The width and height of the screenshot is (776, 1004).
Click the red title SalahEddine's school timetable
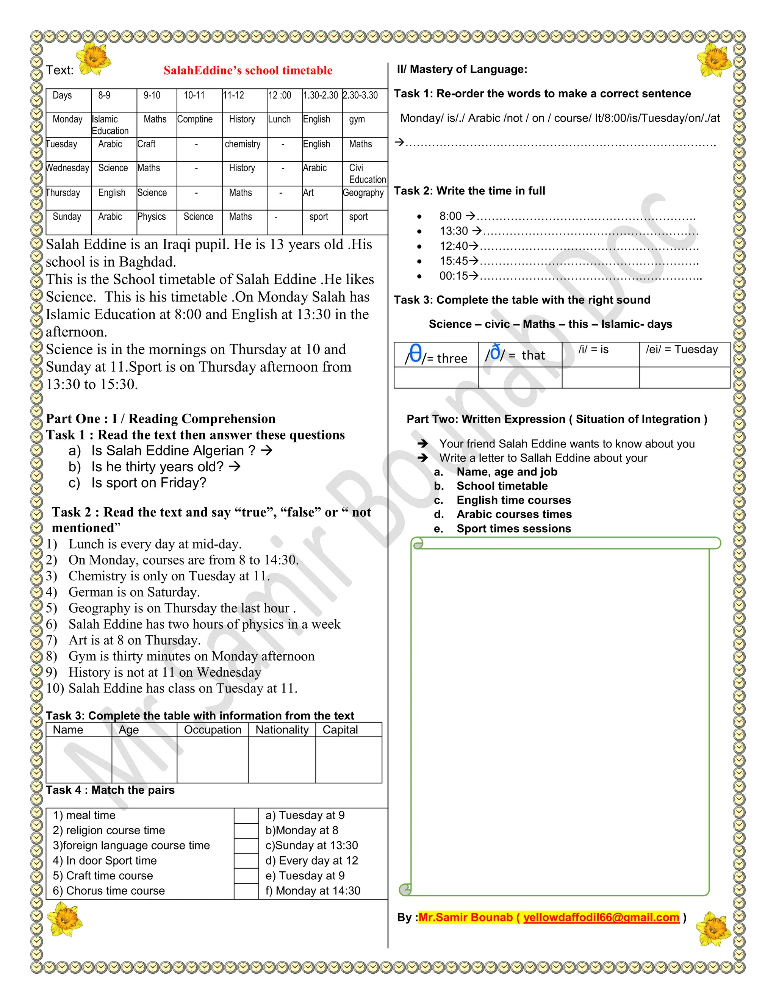pyautogui.click(x=248, y=70)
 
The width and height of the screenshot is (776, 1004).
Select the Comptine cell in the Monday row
pyautogui.click(x=195, y=119)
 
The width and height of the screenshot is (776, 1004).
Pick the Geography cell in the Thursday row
pyautogui.click(x=363, y=193)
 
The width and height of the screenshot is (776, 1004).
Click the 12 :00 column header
pyautogui.click(x=280, y=95)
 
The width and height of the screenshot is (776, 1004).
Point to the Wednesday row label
pyautogui.click(x=67, y=168)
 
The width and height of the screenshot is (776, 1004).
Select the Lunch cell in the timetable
pyautogui.click(x=280, y=119)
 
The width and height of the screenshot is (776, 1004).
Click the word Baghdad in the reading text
pyautogui.click(x=147, y=262)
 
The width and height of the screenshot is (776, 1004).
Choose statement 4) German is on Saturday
pyautogui.click(x=134, y=592)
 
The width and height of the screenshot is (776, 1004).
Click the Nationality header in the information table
pyautogui.click(x=282, y=730)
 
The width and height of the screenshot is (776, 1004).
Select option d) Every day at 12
pyautogui.click(x=312, y=860)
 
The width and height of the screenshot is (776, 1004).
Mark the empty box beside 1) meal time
pyautogui.click(x=246, y=816)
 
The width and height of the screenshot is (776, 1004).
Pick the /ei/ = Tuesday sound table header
pyautogui.click(x=681, y=350)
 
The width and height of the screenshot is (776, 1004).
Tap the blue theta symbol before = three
pyautogui.click(x=415, y=354)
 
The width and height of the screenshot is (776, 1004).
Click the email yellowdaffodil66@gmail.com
pyautogui.click(x=601, y=918)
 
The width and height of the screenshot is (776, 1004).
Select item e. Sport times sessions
pyautogui.click(x=513, y=529)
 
